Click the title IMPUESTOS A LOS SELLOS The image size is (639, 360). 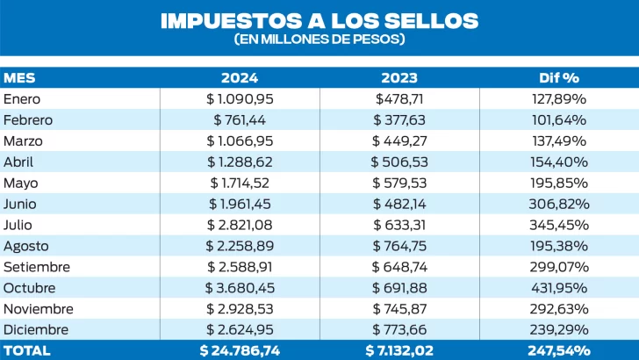(319, 21)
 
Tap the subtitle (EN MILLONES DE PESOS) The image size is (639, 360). (319, 40)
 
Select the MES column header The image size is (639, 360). (19, 77)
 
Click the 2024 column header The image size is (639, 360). (240, 77)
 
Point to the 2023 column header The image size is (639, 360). (399, 77)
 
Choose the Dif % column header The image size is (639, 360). (559, 77)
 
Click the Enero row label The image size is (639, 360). (23, 98)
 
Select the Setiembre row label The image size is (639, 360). (36, 266)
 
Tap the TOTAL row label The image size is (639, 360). (27, 350)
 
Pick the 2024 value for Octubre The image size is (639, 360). (240, 287)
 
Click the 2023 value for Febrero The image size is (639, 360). (399, 119)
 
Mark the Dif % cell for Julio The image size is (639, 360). (559, 224)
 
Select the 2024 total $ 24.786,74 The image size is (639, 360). (240, 350)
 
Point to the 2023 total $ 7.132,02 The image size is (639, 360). (399, 350)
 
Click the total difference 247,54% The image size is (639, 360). (559, 350)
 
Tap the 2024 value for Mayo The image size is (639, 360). (240, 183)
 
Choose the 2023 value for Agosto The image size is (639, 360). (399, 245)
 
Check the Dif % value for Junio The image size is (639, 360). (559, 203)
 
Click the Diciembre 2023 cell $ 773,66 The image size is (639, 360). (399, 329)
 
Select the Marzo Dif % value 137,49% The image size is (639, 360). (559, 140)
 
